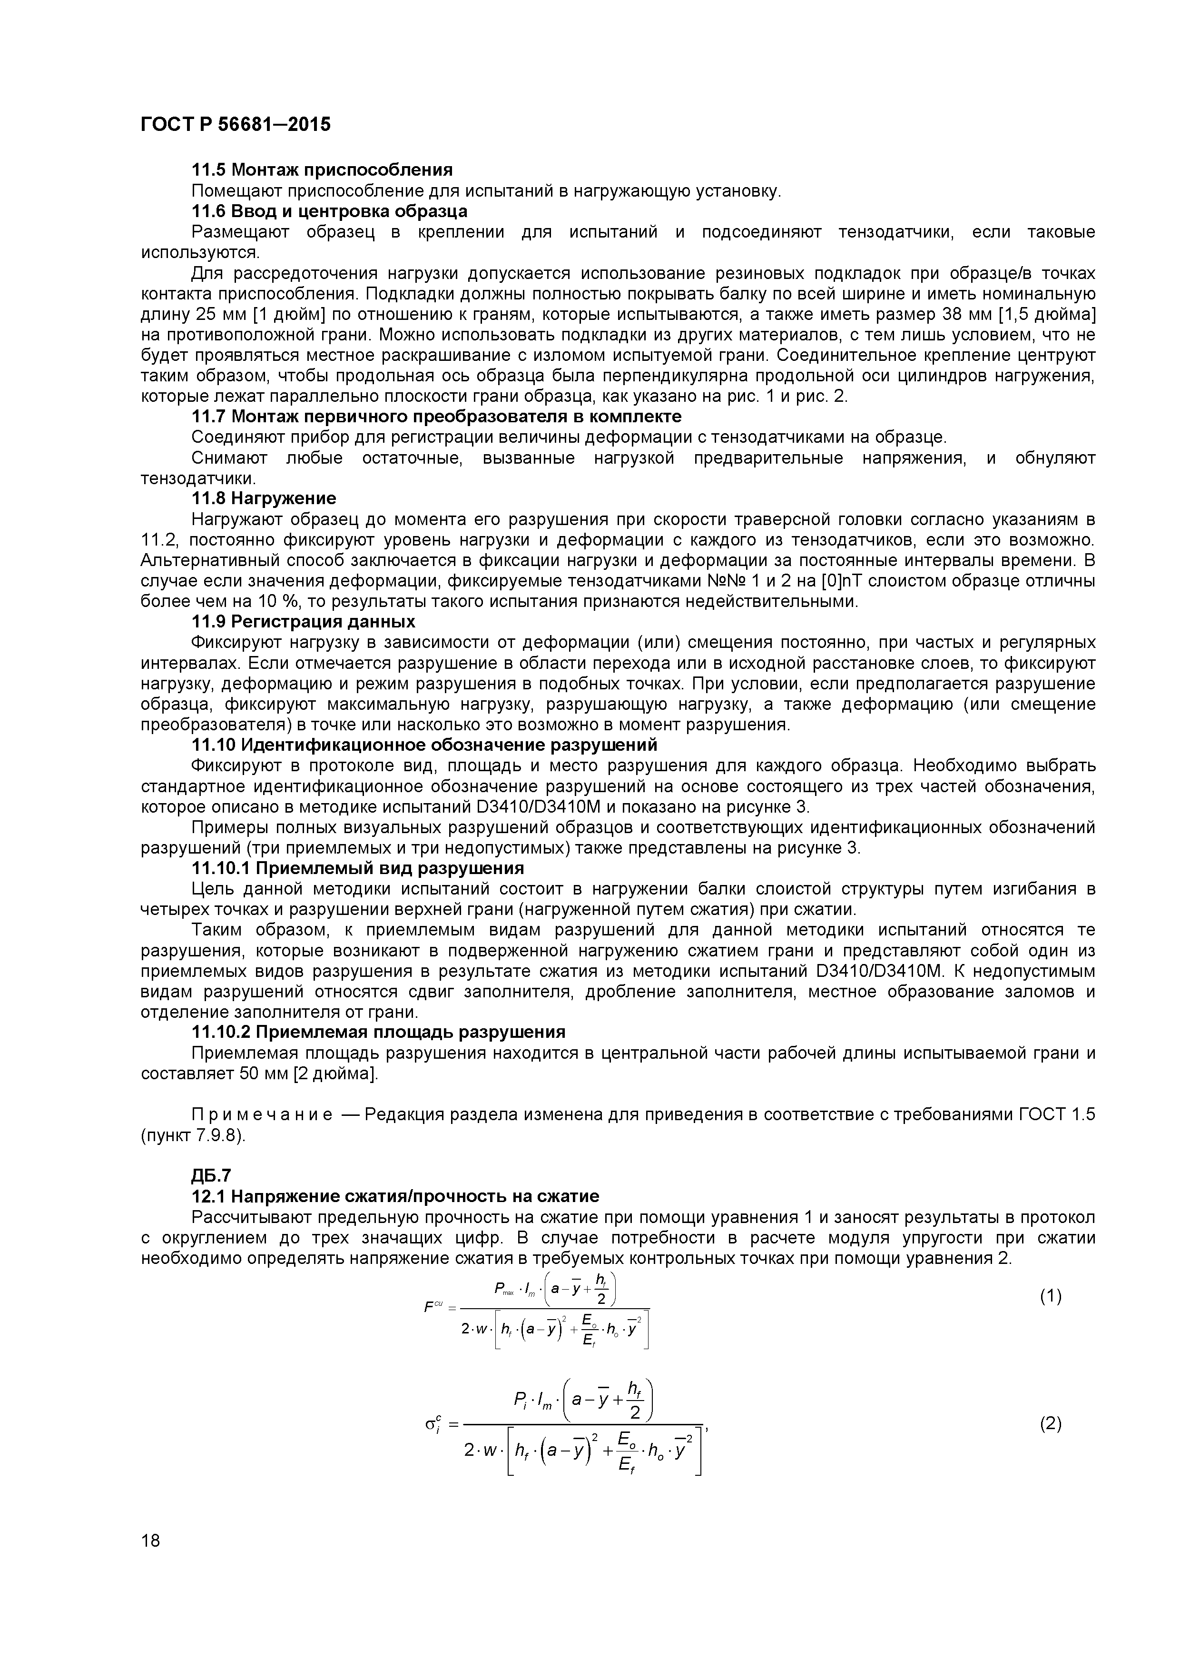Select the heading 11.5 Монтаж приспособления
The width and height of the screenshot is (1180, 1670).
[321, 170]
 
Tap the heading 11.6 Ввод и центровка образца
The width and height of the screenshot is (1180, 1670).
[329, 212]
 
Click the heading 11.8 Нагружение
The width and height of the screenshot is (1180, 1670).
[263, 499]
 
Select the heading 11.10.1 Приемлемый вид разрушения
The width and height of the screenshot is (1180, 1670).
[357, 868]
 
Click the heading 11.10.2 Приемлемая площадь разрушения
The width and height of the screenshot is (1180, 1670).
[378, 1033]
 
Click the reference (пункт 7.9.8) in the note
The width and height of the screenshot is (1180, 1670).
[193, 1136]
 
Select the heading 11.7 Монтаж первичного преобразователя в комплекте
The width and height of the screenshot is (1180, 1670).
[436, 417]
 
